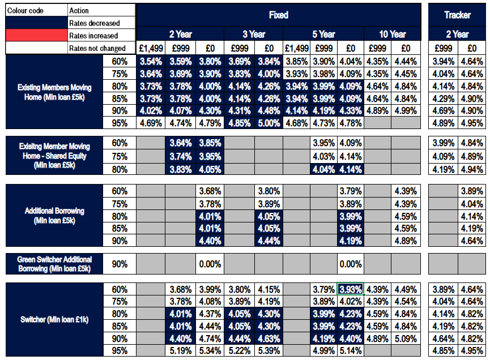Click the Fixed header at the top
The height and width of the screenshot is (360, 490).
click(x=279, y=15)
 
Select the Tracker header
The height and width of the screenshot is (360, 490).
click(x=457, y=15)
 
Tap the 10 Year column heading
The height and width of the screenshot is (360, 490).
click(x=391, y=34)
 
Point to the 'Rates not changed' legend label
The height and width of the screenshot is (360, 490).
click(x=97, y=48)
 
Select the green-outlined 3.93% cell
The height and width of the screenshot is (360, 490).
click(x=351, y=289)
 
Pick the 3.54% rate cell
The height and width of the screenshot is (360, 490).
click(x=151, y=61)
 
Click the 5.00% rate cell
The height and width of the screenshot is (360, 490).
click(x=269, y=123)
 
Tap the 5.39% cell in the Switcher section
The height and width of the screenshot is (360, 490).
click(x=269, y=351)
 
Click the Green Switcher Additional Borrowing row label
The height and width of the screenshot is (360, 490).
click(x=54, y=264)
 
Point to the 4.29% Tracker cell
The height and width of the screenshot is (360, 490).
click(x=443, y=98)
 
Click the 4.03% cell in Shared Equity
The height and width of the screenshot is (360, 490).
click(x=323, y=156)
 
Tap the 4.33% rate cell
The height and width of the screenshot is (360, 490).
click(x=351, y=110)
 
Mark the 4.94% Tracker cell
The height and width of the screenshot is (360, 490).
click(x=471, y=169)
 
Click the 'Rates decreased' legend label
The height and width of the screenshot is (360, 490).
click(x=95, y=23)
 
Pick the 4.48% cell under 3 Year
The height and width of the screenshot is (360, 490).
click(x=269, y=110)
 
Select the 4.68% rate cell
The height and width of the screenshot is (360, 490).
click(x=296, y=123)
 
